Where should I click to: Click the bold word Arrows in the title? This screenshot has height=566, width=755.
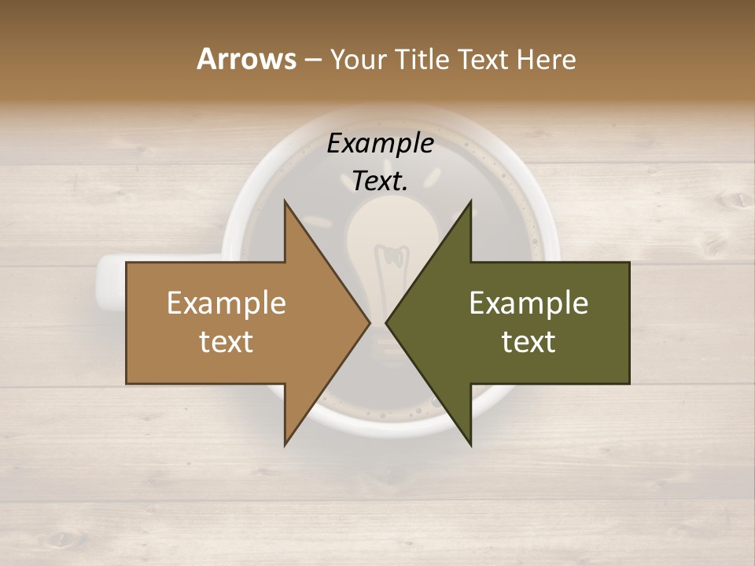pyautogui.click(x=246, y=59)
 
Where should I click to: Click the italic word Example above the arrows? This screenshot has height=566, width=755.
pyautogui.click(x=381, y=143)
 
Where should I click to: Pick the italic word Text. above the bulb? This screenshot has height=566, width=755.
pyautogui.click(x=381, y=182)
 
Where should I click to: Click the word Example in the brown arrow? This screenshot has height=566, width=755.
pyautogui.click(x=226, y=303)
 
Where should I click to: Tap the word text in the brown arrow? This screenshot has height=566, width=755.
pyautogui.click(x=226, y=342)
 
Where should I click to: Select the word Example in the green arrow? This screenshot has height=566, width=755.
pyautogui.click(x=528, y=303)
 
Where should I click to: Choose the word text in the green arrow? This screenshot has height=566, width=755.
pyautogui.click(x=528, y=342)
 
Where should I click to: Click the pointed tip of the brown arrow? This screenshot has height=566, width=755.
pyautogui.click(x=370, y=322)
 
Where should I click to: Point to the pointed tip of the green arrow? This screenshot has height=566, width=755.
pyautogui.click(x=387, y=322)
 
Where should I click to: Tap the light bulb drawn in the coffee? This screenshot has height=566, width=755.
pyautogui.click(x=392, y=236)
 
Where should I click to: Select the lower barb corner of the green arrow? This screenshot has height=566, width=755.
pyautogui.click(x=470, y=445)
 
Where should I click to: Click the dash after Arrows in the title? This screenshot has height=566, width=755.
pyautogui.click(x=312, y=61)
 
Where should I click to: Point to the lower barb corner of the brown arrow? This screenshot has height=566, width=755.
pyautogui.click(x=285, y=445)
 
